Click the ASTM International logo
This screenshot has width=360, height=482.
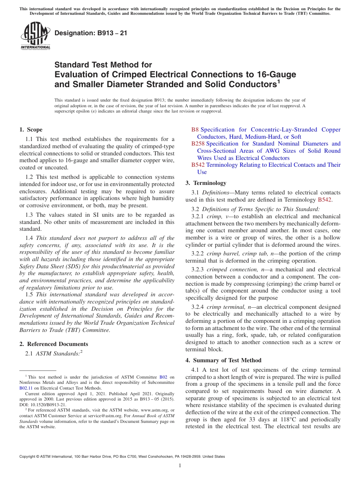click(x=35, y=36)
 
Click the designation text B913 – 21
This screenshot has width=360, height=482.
click(x=91, y=33)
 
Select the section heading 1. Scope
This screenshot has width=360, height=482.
click(x=31, y=130)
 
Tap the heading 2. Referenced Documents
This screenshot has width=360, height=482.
click(x=53, y=344)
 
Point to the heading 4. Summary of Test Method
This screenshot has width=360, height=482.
click(x=223, y=360)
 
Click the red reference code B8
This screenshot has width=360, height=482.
click(x=195, y=130)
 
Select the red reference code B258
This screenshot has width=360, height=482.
click(x=198, y=144)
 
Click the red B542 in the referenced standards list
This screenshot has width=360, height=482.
click(x=198, y=165)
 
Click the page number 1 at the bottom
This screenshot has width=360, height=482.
click(x=180, y=466)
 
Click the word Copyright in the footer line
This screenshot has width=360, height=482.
click(x=28, y=457)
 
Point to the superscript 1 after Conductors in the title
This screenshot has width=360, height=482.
click(x=278, y=81)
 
